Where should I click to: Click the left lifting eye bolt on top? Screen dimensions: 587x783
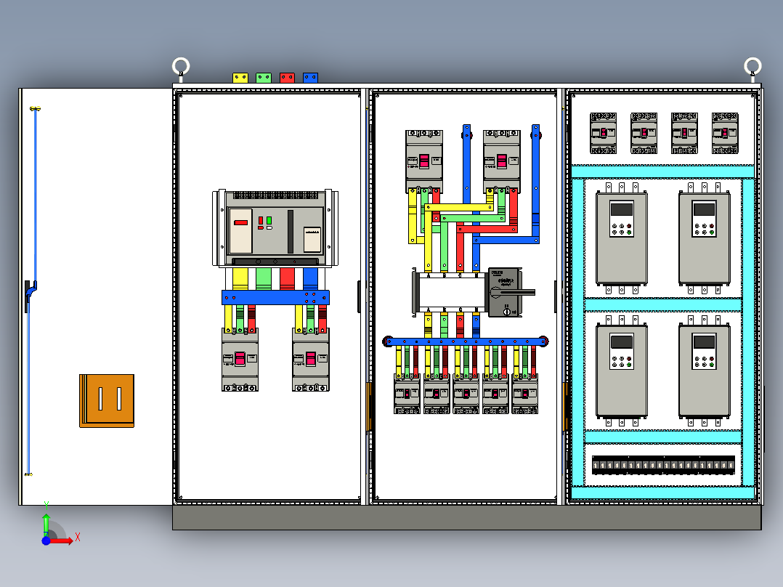click(181, 68)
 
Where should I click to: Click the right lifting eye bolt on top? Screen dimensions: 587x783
click(753, 68)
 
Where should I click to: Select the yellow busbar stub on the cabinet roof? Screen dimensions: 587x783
click(240, 77)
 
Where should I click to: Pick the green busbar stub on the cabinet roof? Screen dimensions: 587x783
click(264, 77)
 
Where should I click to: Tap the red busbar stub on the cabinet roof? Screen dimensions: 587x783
click(287, 77)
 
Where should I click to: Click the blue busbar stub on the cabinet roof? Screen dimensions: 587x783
click(310, 77)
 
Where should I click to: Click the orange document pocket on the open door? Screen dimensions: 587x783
click(107, 400)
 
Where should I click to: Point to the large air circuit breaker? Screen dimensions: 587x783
click(275, 229)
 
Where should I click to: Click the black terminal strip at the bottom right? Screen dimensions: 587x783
click(663, 465)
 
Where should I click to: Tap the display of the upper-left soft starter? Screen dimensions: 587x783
click(621, 209)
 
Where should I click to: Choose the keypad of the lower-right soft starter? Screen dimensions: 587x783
click(703, 360)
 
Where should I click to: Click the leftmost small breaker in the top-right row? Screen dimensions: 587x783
click(603, 133)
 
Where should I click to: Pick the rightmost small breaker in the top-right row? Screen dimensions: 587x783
click(725, 133)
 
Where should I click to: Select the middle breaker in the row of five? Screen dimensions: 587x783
click(466, 394)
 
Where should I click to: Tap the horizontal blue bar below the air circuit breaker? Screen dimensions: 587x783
click(275, 297)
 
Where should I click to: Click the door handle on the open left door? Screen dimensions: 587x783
click(30, 295)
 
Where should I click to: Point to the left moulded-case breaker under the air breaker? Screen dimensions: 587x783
click(240, 359)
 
